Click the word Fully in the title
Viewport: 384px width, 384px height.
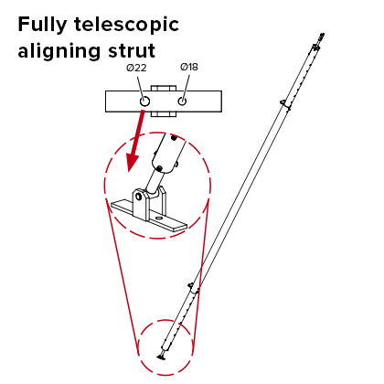pos(42,25)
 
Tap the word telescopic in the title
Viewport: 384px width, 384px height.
pos(126,25)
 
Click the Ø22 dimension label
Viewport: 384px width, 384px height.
pos(136,68)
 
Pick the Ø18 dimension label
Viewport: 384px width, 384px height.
pos(189,67)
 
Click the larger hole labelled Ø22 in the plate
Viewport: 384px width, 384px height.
pos(144,101)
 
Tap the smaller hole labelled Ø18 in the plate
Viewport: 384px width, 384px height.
pos(182,101)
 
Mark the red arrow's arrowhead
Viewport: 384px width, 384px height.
pos(133,163)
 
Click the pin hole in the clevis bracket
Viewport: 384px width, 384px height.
pos(139,197)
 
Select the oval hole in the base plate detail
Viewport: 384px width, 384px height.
pos(158,219)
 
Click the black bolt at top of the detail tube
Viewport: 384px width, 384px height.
pos(174,138)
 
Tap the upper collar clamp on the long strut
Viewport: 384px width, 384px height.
pos(285,104)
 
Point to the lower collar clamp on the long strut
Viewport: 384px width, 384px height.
pos(194,289)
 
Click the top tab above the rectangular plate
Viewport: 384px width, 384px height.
pos(164,88)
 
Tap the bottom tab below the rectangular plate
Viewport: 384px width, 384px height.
pos(164,114)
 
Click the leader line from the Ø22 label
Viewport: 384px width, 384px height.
pos(140,87)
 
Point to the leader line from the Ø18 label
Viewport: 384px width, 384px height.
pos(187,86)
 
